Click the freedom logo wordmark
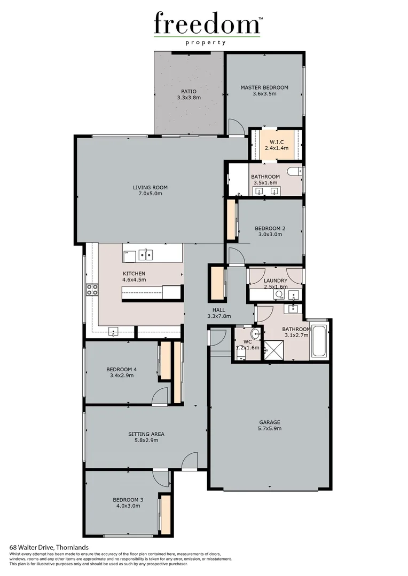click(207, 25)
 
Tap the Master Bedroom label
click(264, 91)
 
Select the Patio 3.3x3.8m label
click(189, 94)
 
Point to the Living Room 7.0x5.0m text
click(150, 190)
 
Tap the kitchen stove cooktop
click(92, 290)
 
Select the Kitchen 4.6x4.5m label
click(134, 276)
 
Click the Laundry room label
click(276, 283)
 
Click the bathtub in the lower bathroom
click(320, 340)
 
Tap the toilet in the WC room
click(255, 334)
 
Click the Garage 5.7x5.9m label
click(270, 425)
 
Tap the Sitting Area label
click(146, 437)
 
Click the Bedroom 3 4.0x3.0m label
click(128, 502)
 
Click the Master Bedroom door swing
click(235, 127)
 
